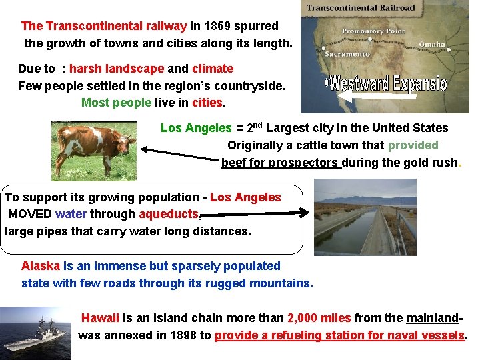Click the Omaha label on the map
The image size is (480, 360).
pyautogui.click(x=432, y=44)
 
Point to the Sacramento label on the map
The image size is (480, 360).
pyautogui.click(x=347, y=53)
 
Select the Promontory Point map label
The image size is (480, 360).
pyautogui.click(x=373, y=31)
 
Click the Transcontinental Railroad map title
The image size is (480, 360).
pyautogui.click(x=361, y=8)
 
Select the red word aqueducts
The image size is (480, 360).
pyautogui.click(x=169, y=214)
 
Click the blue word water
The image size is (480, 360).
pyautogui.click(x=71, y=214)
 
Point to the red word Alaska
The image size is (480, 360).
pyautogui.click(x=41, y=265)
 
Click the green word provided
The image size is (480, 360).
pyautogui.click(x=413, y=145)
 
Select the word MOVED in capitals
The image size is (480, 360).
pyautogui.click(x=30, y=214)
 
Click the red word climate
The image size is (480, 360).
pyautogui.click(x=213, y=68)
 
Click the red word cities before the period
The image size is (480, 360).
pyautogui.click(x=207, y=103)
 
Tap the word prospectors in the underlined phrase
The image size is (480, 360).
pyautogui.click(x=304, y=162)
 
